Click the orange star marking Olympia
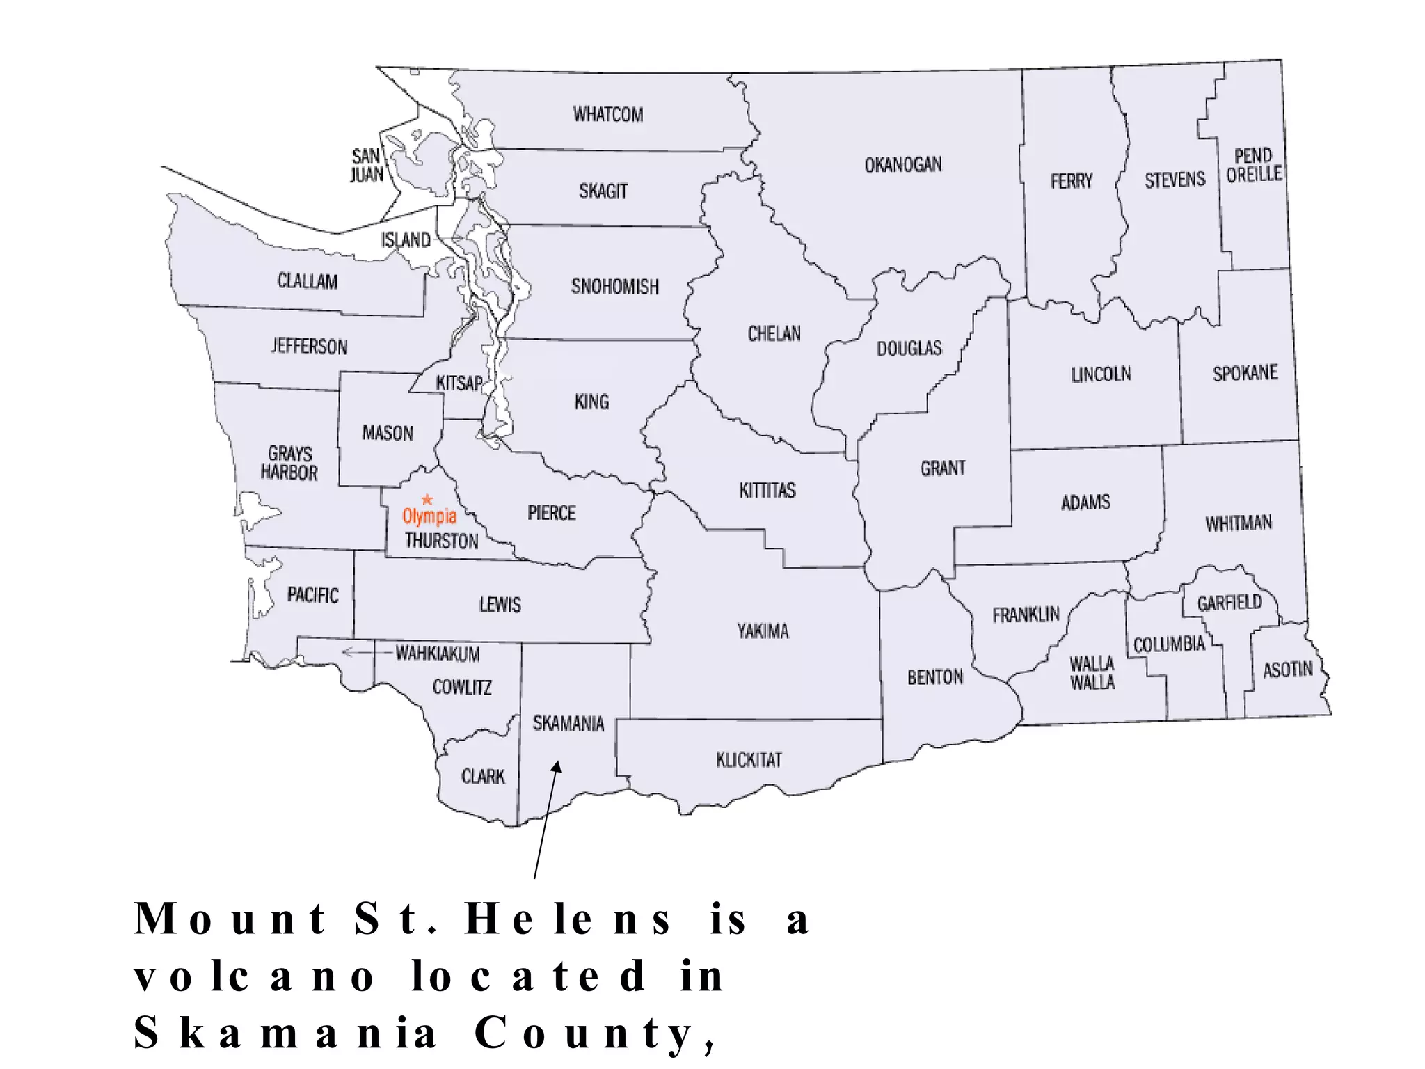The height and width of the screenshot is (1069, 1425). pyautogui.click(x=427, y=500)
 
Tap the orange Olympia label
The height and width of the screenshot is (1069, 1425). pyautogui.click(x=429, y=516)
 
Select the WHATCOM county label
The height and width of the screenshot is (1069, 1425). pyautogui.click(x=607, y=115)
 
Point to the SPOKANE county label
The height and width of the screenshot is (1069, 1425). pyautogui.click(x=1245, y=374)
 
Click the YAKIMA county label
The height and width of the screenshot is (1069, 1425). pyautogui.click(x=763, y=632)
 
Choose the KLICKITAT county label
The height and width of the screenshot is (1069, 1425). pyautogui.click(x=749, y=760)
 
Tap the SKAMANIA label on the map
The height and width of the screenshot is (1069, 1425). pyautogui.click(x=568, y=724)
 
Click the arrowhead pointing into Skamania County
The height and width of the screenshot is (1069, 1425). pyautogui.click(x=555, y=768)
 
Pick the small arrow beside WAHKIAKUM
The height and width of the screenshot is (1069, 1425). pyautogui.click(x=355, y=653)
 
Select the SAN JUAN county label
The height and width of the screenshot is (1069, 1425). pyautogui.click(x=366, y=166)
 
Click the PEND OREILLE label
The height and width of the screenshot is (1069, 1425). pyautogui.click(x=1253, y=166)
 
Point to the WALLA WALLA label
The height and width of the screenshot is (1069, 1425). pyautogui.click(x=1092, y=673)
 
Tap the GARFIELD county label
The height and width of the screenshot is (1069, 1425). pyautogui.click(x=1229, y=603)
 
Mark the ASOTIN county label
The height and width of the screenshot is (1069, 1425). pyautogui.click(x=1287, y=670)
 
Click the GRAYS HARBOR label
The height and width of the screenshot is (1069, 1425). pyautogui.click(x=289, y=464)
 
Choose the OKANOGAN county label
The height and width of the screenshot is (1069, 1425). pyautogui.click(x=902, y=165)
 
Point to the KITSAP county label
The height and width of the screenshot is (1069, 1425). pyautogui.click(x=459, y=383)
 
